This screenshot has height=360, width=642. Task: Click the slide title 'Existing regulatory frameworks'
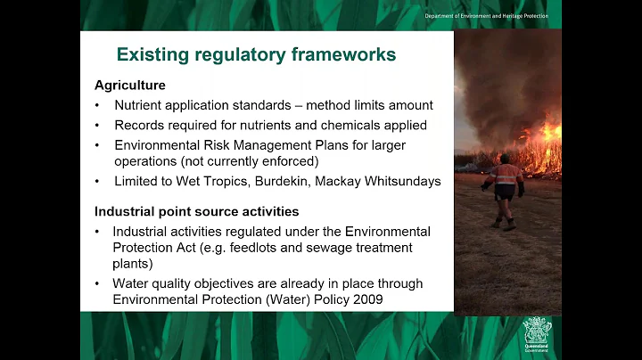[256, 55]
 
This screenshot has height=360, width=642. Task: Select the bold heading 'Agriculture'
[130, 86]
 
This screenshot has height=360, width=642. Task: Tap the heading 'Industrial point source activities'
[197, 212]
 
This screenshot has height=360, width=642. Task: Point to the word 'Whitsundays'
[402, 181]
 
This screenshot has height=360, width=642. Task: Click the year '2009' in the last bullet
[365, 299]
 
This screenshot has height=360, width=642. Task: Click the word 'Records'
[141, 126]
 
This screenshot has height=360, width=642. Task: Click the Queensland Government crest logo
[538, 334]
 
